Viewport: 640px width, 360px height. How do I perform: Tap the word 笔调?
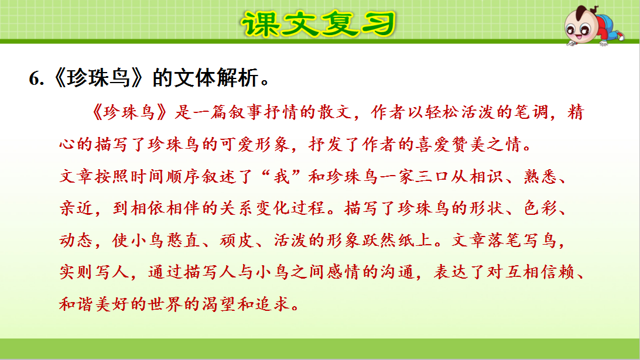pyautogui.click(x=529, y=113)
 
